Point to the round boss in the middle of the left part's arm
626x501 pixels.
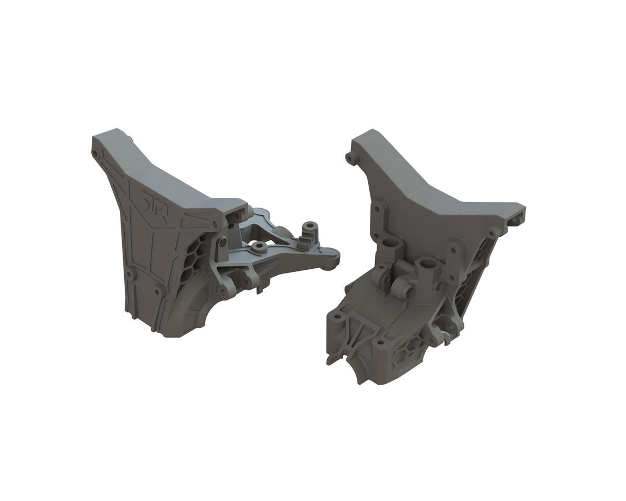[257, 245]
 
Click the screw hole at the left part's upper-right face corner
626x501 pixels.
[215, 224]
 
